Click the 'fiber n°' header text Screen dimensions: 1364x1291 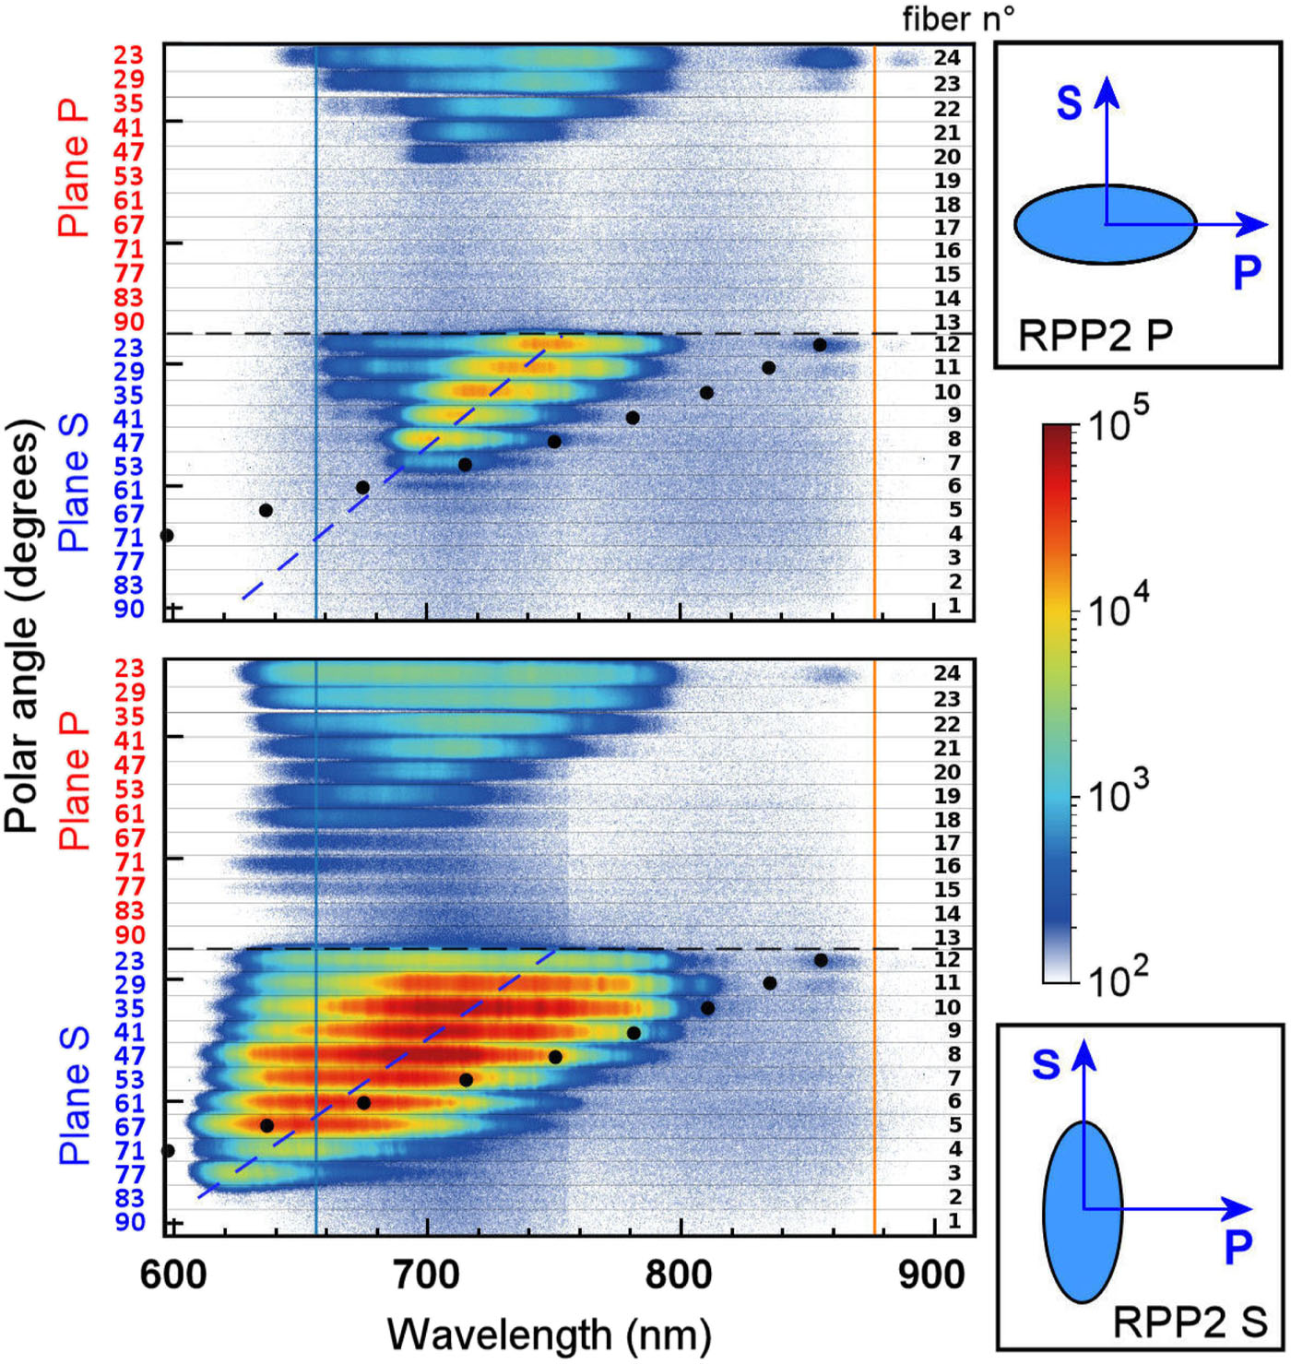pyautogui.click(x=958, y=18)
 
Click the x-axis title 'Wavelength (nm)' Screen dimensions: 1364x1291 pyautogui.click(x=549, y=1334)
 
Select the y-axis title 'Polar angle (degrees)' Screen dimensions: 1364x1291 pyautogui.click(x=24, y=627)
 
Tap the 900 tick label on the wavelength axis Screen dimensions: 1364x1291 pyautogui.click(x=933, y=1275)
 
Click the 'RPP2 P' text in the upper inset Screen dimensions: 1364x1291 pyautogui.click(x=1095, y=337)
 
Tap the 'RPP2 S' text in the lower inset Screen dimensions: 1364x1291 pyautogui.click(x=1190, y=1322)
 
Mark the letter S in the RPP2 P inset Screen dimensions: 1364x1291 pyautogui.click(x=1069, y=102)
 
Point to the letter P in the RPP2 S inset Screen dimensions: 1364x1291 pyautogui.click(x=1238, y=1246)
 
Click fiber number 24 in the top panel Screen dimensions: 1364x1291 pyautogui.click(x=947, y=57)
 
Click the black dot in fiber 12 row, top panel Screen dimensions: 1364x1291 pyautogui.click(x=819, y=345)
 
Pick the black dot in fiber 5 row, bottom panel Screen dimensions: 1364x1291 pyautogui.click(x=266, y=1125)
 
